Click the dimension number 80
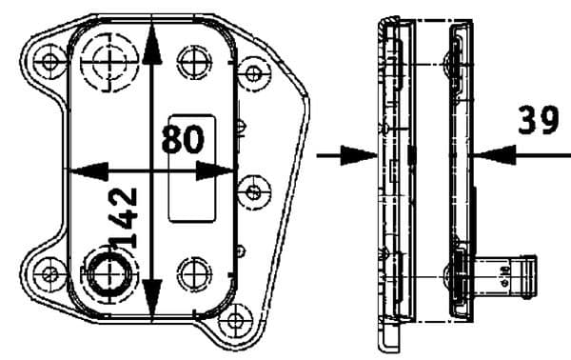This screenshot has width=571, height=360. tap(183, 139)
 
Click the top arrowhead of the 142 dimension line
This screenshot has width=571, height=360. tap(154, 38)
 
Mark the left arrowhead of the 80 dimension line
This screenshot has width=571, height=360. tap(84, 170)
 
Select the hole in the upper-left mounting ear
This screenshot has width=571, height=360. tap(48, 64)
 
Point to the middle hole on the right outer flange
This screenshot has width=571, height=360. tap(255, 188)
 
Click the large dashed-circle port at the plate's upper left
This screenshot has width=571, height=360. tap(107, 61)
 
